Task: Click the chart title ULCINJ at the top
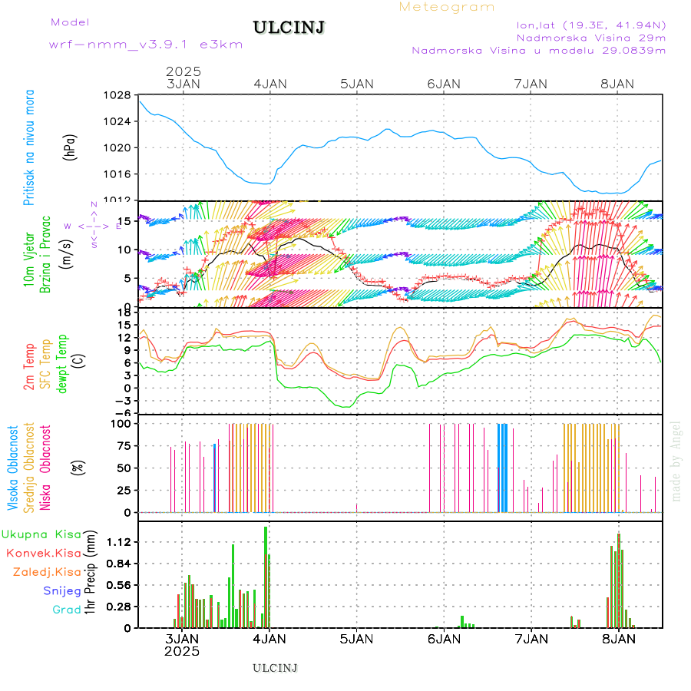coord(289,28)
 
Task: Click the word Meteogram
coord(447,7)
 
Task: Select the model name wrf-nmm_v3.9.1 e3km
coord(146,44)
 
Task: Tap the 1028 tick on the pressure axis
coord(117,95)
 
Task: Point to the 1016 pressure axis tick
coord(117,174)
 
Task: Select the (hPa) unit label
coord(70,147)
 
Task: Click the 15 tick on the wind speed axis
coord(121,221)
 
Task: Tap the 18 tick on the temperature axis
coord(123,312)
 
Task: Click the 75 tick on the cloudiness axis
coord(121,445)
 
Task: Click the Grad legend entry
coord(67,610)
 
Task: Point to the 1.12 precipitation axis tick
coord(118,542)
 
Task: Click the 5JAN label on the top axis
coord(356,84)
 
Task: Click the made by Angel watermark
coord(676,461)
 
